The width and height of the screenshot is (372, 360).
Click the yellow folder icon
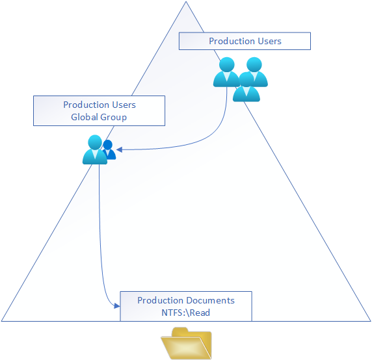click(x=187, y=343)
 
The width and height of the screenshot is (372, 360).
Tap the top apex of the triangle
click(x=186, y=2)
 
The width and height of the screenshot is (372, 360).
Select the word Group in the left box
click(x=113, y=118)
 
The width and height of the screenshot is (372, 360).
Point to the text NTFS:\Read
click(x=186, y=313)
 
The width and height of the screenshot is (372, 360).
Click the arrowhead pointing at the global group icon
click(x=119, y=149)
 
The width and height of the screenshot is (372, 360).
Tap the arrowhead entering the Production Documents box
click(x=117, y=305)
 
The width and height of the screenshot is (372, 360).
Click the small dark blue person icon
click(x=109, y=149)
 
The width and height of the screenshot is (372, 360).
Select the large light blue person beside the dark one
click(x=95, y=149)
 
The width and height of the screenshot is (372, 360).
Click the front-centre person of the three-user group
click(x=246, y=87)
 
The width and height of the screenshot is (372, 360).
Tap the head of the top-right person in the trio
click(x=254, y=64)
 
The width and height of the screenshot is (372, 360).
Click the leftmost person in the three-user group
click(x=226, y=72)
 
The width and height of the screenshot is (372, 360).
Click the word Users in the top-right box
click(x=269, y=41)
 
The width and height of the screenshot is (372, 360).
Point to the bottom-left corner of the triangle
click(x=1, y=321)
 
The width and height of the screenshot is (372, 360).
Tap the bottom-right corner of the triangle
click(x=371, y=321)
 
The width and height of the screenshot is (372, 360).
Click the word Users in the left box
click(x=124, y=105)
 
